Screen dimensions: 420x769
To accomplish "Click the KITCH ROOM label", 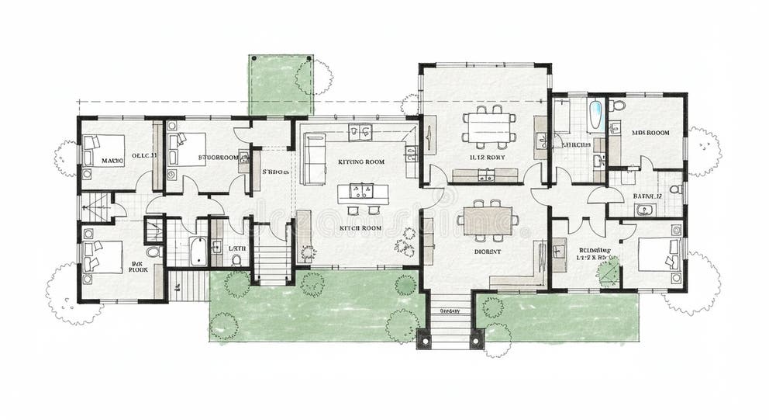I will point(360,228).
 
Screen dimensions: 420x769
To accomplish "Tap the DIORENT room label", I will point(488,252).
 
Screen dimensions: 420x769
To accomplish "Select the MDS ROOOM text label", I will point(650,133).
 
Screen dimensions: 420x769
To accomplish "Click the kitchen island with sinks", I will point(360,191).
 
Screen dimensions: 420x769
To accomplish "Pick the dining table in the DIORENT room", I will point(488,220).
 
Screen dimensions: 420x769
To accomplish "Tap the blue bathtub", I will point(595,116).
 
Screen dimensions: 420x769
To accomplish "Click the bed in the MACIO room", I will point(103,150).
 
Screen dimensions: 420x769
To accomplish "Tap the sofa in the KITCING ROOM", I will point(312,158).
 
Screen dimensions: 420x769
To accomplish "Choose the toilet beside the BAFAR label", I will point(674,189).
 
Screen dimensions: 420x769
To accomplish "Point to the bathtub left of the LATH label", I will point(197,251).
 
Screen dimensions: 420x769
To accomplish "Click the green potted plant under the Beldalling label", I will point(609,272).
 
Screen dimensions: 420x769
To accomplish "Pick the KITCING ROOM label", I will point(361,161).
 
